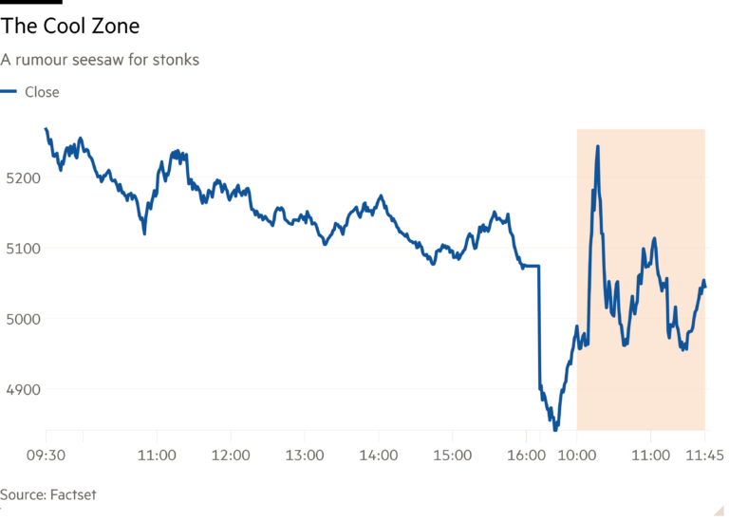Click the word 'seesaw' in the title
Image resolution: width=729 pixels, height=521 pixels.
(98, 60)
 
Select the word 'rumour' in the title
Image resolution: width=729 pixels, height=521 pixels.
(40, 60)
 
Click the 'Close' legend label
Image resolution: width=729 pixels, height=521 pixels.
(41, 92)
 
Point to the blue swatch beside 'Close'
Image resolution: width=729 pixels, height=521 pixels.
(9, 92)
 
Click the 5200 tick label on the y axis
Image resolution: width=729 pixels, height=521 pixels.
(20, 177)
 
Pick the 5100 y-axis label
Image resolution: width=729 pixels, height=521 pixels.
(20, 248)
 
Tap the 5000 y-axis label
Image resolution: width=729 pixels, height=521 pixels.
(20, 318)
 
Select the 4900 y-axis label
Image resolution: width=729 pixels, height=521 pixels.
(20, 389)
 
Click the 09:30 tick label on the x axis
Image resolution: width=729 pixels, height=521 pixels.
(46, 456)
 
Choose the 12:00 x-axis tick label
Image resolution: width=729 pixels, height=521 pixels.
(231, 456)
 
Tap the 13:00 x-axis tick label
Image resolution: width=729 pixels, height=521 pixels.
(304, 456)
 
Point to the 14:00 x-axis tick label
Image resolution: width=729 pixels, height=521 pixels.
(378, 456)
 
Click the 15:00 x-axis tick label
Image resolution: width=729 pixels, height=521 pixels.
(452, 456)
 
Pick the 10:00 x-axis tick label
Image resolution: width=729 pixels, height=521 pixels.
(577, 456)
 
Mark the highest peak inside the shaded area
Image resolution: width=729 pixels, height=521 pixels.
(597, 147)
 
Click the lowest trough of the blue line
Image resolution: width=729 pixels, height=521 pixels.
(555, 429)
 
